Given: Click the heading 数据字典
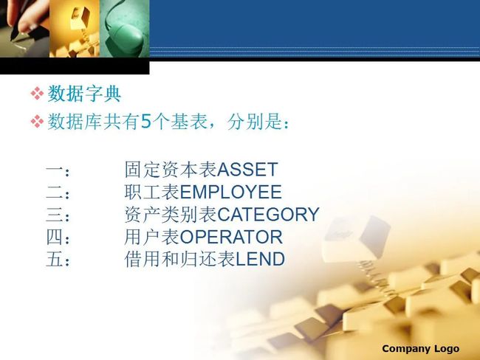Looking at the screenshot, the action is click(x=84, y=94).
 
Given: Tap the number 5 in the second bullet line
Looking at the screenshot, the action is click(x=146, y=122).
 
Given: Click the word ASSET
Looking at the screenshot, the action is click(x=247, y=170).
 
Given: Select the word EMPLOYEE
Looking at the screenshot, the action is click(x=231, y=192).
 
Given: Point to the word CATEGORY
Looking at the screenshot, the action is click(x=268, y=215).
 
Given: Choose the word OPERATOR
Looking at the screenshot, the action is click(x=231, y=237).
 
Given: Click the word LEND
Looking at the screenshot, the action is click(x=260, y=259).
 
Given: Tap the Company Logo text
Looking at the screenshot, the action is click(x=421, y=349).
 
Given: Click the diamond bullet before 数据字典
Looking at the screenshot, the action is click(x=37, y=93).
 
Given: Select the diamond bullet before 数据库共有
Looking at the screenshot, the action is click(x=37, y=121).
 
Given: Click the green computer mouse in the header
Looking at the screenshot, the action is click(x=127, y=38).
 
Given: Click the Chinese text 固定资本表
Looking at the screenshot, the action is click(x=171, y=170).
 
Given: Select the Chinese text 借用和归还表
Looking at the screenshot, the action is click(x=180, y=259).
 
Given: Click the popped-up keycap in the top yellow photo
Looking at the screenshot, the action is click(x=80, y=18).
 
